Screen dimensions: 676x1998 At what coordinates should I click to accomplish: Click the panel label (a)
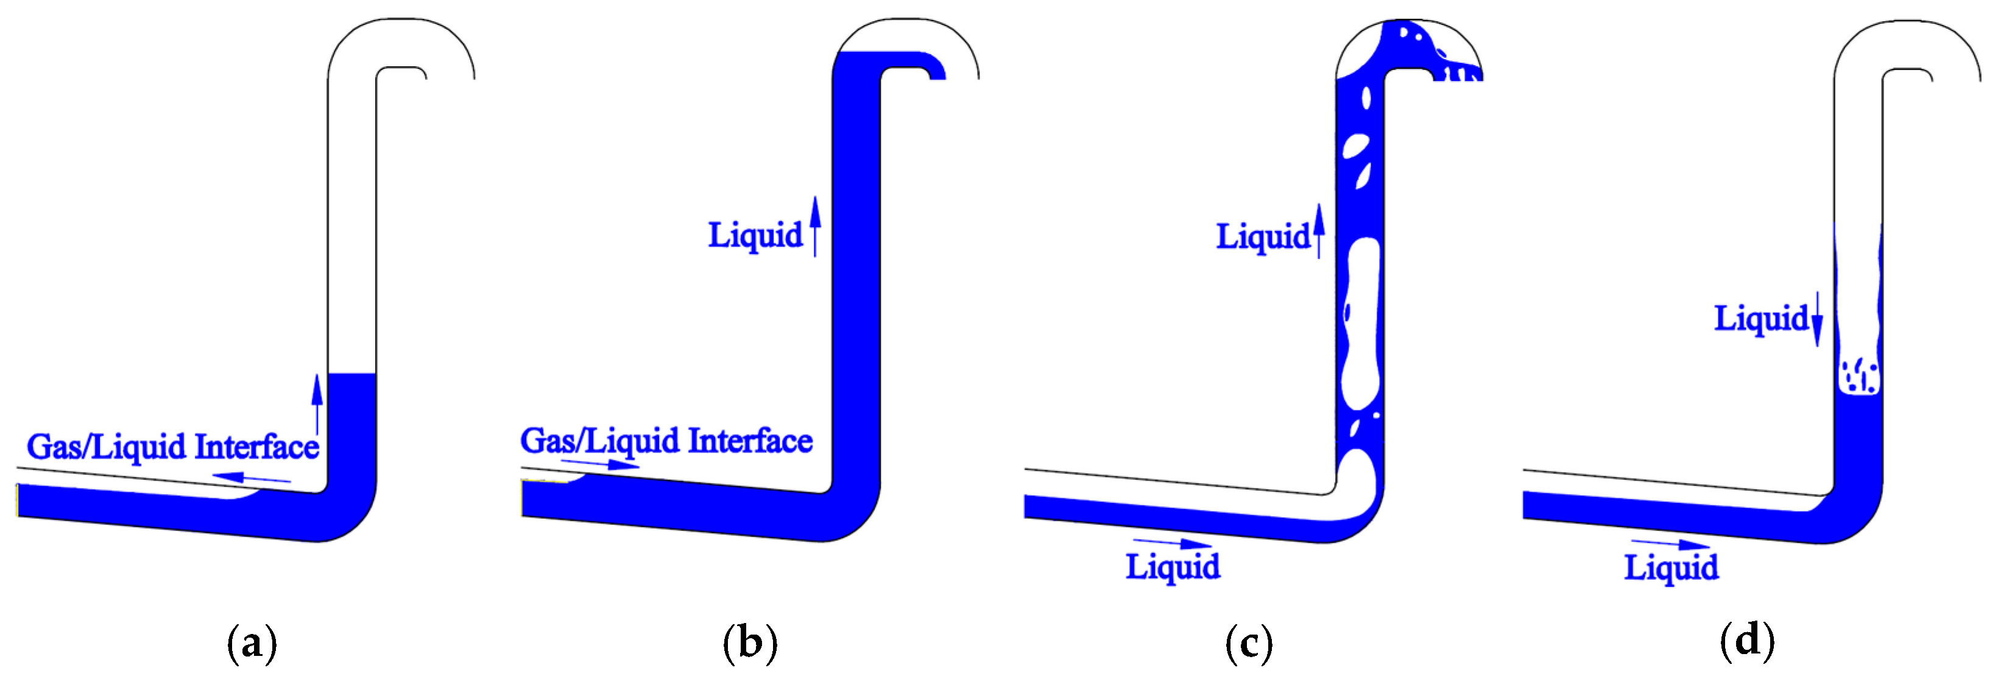pyautogui.click(x=252, y=644)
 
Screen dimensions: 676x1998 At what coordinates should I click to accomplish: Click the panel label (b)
pyautogui.click(x=750, y=644)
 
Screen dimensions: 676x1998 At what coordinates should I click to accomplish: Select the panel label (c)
pyautogui.click(x=1249, y=644)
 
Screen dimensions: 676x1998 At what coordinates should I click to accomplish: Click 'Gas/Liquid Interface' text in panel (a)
pyautogui.click(x=173, y=447)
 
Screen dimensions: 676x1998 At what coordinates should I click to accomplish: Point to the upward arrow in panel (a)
pyautogui.click(x=317, y=403)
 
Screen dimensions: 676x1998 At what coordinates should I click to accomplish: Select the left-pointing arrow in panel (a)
pyautogui.click(x=252, y=477)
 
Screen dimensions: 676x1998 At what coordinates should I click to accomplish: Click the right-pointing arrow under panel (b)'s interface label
pyautogui.click(x=599, y=464)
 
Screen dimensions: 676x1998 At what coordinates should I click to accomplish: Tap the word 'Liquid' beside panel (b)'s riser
pyautogui.click(x=755, y=236)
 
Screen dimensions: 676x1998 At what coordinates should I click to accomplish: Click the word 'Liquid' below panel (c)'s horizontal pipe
pyautogui.click(x=1173, y=568)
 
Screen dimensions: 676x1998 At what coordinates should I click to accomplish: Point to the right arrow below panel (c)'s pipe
pyautogui.click(x=1172, y=543)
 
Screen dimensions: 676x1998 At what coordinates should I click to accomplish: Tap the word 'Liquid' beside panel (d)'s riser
pyautogui.click(x=1760, y=319)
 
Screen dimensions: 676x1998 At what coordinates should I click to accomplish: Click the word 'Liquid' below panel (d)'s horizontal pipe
pyautogui.click(x=1671, y=568)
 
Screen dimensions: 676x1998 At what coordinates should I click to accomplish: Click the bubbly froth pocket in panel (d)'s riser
pyautogui.click(x=1859, y=375)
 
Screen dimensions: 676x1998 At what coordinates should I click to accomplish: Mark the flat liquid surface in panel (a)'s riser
pyautogui.click(x=351, y=374)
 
